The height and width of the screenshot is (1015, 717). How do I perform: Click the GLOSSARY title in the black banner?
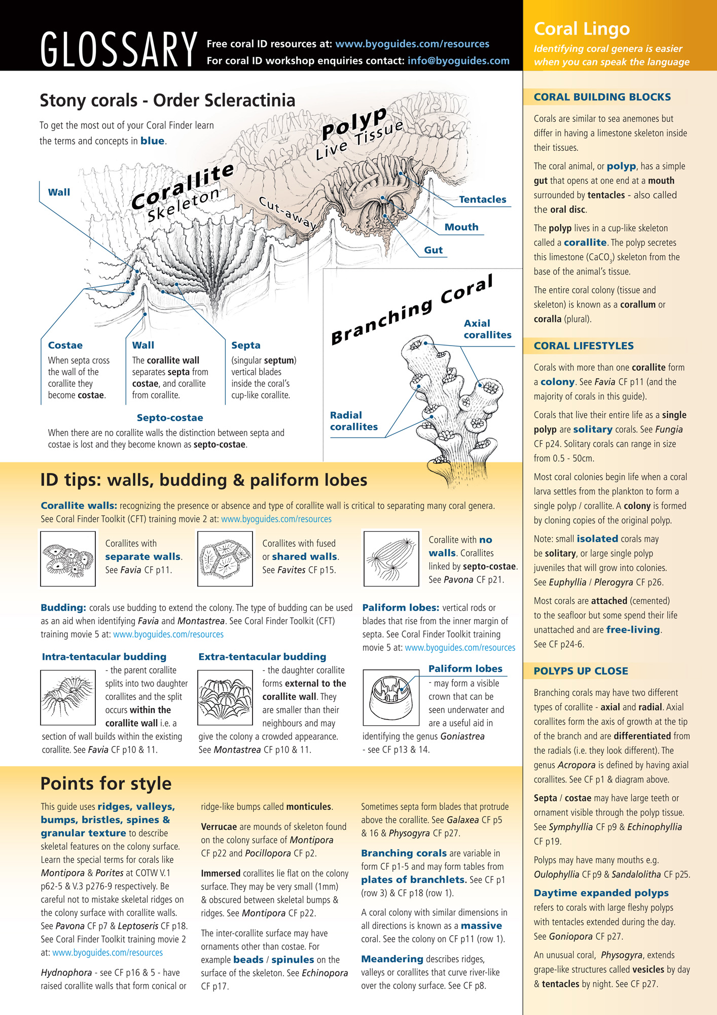click(x=119, y=49)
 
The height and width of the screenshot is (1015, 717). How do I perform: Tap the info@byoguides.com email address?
click(x=458, y=61)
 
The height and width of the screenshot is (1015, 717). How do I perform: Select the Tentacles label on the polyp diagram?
click(x=482, y=199)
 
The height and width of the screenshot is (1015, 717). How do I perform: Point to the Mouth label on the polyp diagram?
click(x=461, y=227)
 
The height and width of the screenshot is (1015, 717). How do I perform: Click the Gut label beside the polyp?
click(x=434, y=250)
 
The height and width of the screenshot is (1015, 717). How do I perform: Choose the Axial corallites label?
click(x=487, y=329)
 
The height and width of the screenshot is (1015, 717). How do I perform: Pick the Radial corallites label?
click(x=354, y=421)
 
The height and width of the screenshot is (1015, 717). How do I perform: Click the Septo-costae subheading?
click(x=170, y=418)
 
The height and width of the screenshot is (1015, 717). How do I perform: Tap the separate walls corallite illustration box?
click(x=68, y=559)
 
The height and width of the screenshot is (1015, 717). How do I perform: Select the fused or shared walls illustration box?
click(x=225, y=559)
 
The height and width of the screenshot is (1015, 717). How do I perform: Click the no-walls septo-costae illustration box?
click(x=391, y=559)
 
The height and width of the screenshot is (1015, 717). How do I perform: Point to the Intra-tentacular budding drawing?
click(x=68, y=697)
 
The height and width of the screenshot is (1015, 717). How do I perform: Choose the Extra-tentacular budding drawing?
click(x=225, y=697)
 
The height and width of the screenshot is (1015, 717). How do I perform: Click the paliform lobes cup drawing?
click(x=391, y=697)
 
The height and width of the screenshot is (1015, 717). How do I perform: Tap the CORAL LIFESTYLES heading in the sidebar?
click(x=584, y=346)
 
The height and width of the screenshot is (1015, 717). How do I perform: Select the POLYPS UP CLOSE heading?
click(x=581, y=671)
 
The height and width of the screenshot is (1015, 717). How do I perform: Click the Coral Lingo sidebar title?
click(x=582, y=29)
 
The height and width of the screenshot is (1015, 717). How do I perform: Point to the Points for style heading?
click(x=106, y=783)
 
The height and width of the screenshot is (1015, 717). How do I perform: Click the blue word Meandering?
click(x=392, y=959)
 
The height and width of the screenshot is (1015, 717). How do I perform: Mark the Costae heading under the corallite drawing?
click(x=65, y=345)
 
